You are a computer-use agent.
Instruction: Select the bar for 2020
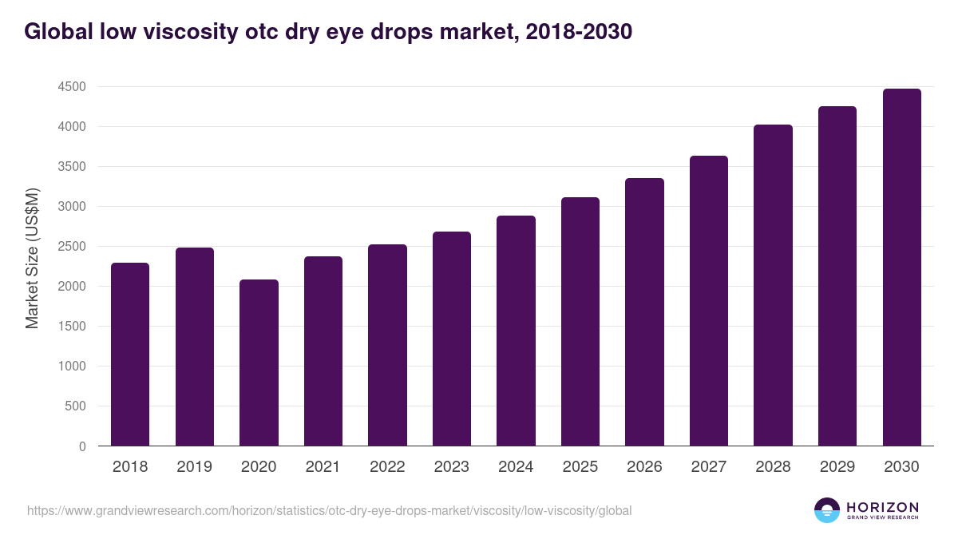point(259,363)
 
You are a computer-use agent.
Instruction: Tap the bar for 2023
point(452,339)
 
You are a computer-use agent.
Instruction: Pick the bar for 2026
point(644,311)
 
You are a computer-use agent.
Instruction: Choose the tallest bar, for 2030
point(901,267)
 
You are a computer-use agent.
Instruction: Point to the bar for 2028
point(773,285)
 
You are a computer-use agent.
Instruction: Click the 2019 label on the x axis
point(194,467)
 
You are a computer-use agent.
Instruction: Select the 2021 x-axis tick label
point(323,467)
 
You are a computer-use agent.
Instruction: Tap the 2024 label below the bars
point(516,467)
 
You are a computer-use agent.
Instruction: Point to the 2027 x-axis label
point(709,467)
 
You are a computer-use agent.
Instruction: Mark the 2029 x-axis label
point(837,467)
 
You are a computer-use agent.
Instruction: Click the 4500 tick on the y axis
point(72,87)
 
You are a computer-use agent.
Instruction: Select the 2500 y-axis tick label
point(72,247)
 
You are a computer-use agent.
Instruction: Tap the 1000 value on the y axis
point(72,367)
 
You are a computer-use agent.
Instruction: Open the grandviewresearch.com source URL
point(329,510)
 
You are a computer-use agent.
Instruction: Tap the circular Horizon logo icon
point(827,510)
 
